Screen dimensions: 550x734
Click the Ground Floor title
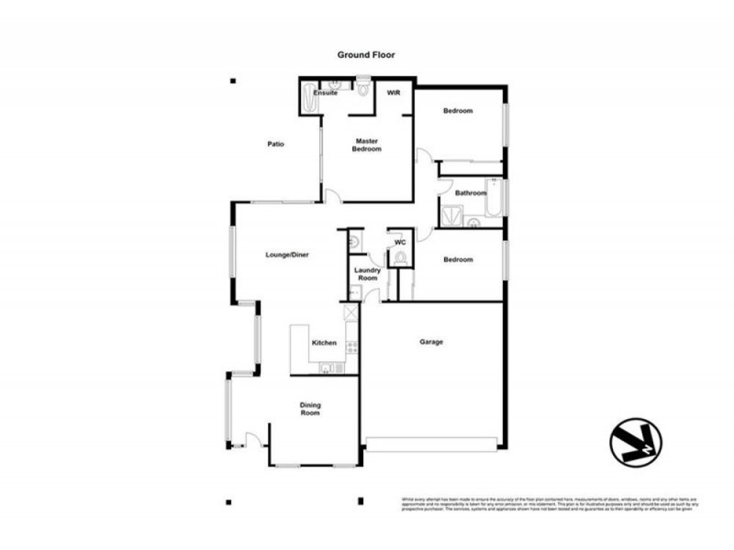(x=366, y=56)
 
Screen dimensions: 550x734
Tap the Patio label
(x=275, y=144)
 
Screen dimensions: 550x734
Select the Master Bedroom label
(x=367, y=145)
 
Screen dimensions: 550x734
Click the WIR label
(x=393, y=93)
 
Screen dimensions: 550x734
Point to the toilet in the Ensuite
(x=364, y=90)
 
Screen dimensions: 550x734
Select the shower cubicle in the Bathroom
(x=450, y=215)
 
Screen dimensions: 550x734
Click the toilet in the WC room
(x=401, y=258)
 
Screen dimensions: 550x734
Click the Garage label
(x=431, y=342)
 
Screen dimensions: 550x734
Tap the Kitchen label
(x=324, y=343)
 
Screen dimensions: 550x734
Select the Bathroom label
(x=471, y=193)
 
